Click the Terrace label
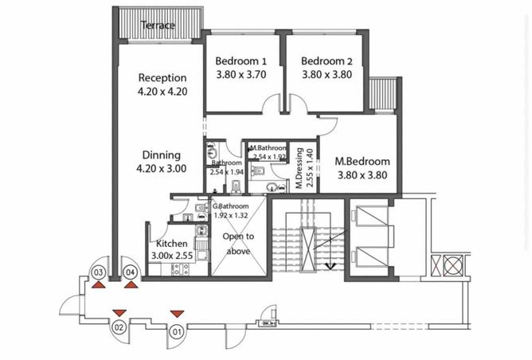point(158,25)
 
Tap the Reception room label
point(162,78)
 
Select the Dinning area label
point(162,155)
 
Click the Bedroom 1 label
point(241,61)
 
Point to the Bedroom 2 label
point(327,61)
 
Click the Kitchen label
point(171,244)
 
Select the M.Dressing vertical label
point(299,168)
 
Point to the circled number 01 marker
point(177,331)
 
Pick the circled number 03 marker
point(99,272)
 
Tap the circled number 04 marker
point(131,272)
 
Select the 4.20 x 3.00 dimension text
point(162,169)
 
